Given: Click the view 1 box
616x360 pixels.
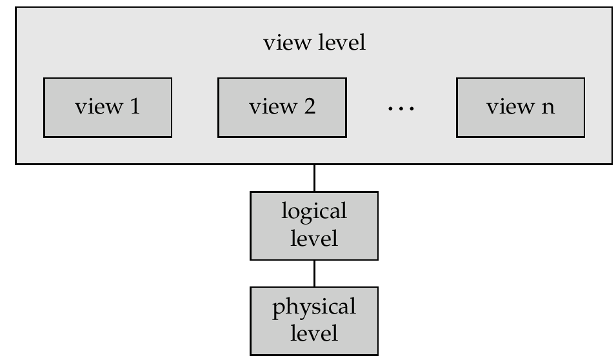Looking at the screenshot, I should tap(108, 108).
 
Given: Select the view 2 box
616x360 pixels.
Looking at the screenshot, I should tap(282, 108).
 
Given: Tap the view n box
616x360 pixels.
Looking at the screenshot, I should tap(521, 108).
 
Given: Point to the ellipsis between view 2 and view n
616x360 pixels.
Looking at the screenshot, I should tap(401, 108).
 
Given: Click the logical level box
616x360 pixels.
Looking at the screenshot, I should tap(314, 225).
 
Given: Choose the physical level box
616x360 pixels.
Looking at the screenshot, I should tap(314, 320).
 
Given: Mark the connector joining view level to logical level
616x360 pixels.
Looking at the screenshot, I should tap(314, 177).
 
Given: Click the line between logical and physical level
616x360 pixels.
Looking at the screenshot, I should tap(314, 273).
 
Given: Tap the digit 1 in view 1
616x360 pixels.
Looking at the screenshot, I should tap(134, 107).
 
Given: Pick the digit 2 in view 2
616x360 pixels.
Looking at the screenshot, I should tap(309, 107).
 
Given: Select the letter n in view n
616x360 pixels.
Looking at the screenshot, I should tap(548, 108).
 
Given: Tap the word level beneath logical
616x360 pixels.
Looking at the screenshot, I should tap(314, 238).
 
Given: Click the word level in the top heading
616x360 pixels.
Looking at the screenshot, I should tap(341, 44).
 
